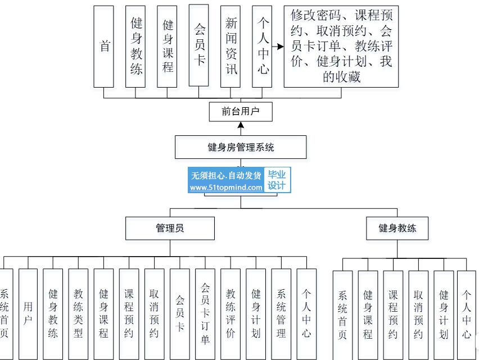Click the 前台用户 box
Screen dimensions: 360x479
coord(240,112)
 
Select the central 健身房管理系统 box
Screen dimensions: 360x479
coord(241,148)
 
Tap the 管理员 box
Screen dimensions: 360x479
coord(170,229)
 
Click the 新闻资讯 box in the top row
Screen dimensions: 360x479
coord(231,46)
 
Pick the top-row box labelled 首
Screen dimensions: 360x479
coord(105,46)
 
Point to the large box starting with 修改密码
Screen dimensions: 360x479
coord(341,46)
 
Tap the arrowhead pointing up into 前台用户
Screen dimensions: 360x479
coord(240,124)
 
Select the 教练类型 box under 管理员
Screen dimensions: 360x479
coord(78,313)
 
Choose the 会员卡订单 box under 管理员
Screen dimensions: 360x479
coord(205,313)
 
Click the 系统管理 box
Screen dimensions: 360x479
coord(281,313)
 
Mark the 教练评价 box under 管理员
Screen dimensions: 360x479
coord(231,313)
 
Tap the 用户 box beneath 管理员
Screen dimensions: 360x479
coord(28,313)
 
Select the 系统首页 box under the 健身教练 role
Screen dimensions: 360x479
coord(342,315)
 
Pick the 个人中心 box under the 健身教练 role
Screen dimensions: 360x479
coord(466,315)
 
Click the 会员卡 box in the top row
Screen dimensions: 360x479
coord(200,45)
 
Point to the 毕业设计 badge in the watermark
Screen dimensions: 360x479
coord(277,180)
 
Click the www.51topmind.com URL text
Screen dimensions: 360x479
coord(227,188)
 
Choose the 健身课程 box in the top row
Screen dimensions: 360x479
coord(168,46)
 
